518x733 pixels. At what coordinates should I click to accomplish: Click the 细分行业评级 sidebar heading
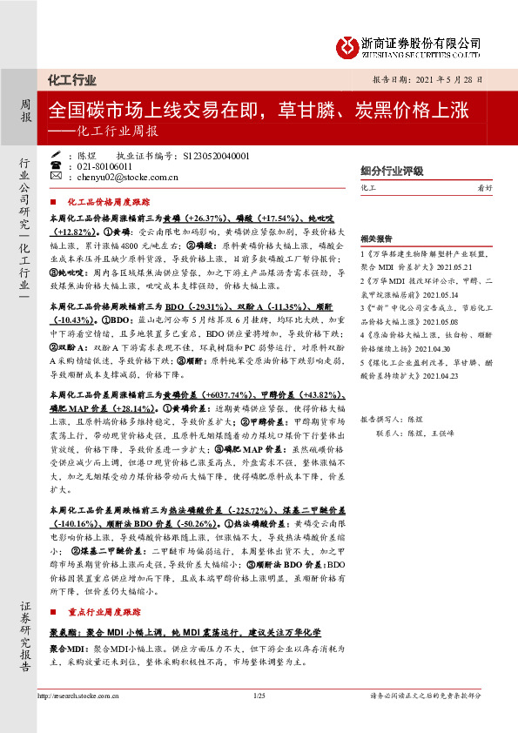(393, 171)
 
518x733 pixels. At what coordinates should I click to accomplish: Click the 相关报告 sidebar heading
(377, 237)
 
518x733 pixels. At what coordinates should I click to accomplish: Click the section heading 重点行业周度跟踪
(110, 612)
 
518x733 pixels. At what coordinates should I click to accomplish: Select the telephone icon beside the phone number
(57, 165)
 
